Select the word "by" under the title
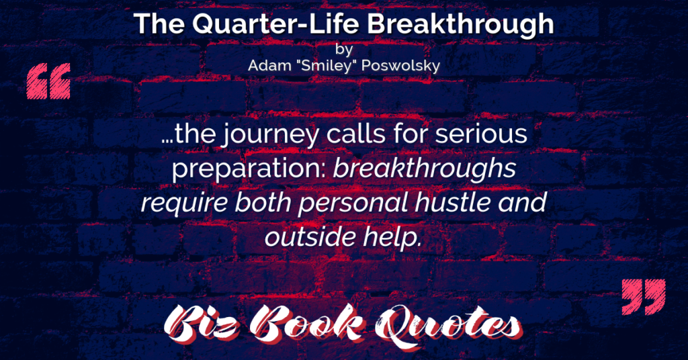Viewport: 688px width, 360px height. (x=343, y=49)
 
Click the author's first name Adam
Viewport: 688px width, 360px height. (x=266, y=66)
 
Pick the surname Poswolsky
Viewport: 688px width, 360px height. (x=398, y=66)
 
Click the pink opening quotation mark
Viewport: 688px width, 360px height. (x=48, y=81)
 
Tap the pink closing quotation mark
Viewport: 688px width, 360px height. (x=644, y=296)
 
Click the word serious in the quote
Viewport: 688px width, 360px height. (x=481, y=134)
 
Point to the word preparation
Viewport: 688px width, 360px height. (x=249, y=169)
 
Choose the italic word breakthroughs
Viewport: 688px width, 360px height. (x=425, y=169)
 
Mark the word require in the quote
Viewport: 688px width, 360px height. (x=184, y=204)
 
